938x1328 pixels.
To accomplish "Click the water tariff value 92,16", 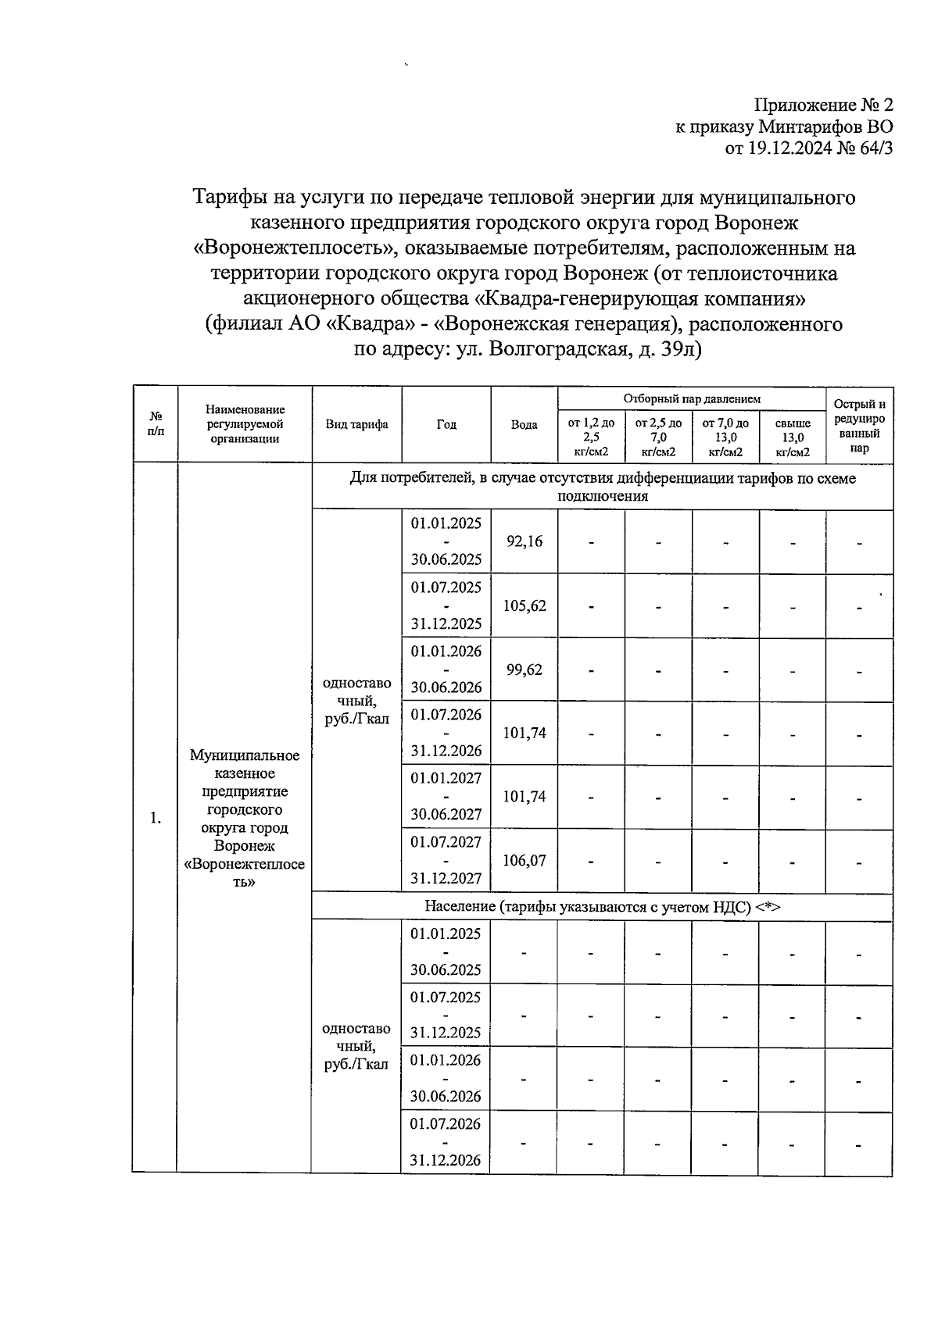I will [524, 541].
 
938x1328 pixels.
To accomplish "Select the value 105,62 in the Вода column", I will [524, 605].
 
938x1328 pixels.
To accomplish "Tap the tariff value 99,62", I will [524, 669].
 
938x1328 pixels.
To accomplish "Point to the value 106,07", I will [524, 860].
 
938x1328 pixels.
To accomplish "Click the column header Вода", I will [524, 424].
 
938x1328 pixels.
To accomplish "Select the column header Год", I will [446, 424].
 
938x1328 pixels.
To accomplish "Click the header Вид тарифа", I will [356, 424].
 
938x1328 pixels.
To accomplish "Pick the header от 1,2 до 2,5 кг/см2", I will [590, 437].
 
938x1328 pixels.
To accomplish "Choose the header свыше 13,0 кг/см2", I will [792, 437].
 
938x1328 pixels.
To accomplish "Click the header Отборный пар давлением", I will [691, 398].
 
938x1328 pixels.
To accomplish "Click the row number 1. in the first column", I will [156, 818].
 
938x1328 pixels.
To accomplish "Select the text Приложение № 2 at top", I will [822, 105].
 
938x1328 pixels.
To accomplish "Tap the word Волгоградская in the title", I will [560, 348].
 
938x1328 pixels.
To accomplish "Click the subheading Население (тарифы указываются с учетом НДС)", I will [602, 906].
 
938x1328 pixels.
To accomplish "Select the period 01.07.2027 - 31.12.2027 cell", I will [446, 860].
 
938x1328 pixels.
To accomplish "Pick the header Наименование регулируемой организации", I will [245, 424].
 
